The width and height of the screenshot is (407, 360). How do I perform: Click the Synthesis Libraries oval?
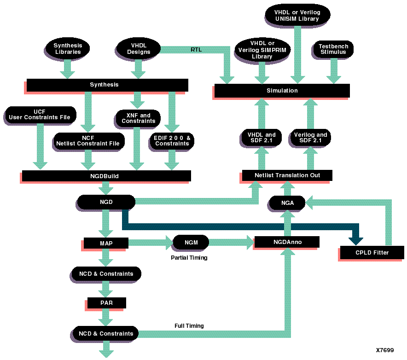point(68,49)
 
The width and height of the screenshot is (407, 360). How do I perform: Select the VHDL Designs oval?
point(139,49)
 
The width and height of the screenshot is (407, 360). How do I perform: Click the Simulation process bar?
point(282,91)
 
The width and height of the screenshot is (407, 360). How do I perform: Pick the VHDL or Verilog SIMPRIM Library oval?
point(262,50)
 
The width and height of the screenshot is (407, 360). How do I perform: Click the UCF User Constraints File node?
point(40,115)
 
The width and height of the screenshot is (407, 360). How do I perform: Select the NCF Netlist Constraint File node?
point(87,140)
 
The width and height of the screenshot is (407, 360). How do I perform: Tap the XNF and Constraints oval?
point(139,118)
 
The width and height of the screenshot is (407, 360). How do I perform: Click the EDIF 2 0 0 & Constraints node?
point(172,140)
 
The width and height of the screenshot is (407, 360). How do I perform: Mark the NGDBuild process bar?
point(106,176)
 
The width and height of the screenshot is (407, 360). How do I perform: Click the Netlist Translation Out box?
point(287,175)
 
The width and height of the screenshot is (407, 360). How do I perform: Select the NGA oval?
point(287,203)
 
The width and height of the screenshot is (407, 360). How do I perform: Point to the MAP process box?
point(106,243)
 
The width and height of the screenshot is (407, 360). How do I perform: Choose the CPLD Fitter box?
point(372,252)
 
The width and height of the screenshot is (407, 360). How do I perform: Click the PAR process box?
point(106,303)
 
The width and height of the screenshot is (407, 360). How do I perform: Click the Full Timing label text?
point(189,326)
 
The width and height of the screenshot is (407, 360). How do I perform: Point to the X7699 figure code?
point(384,350)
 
